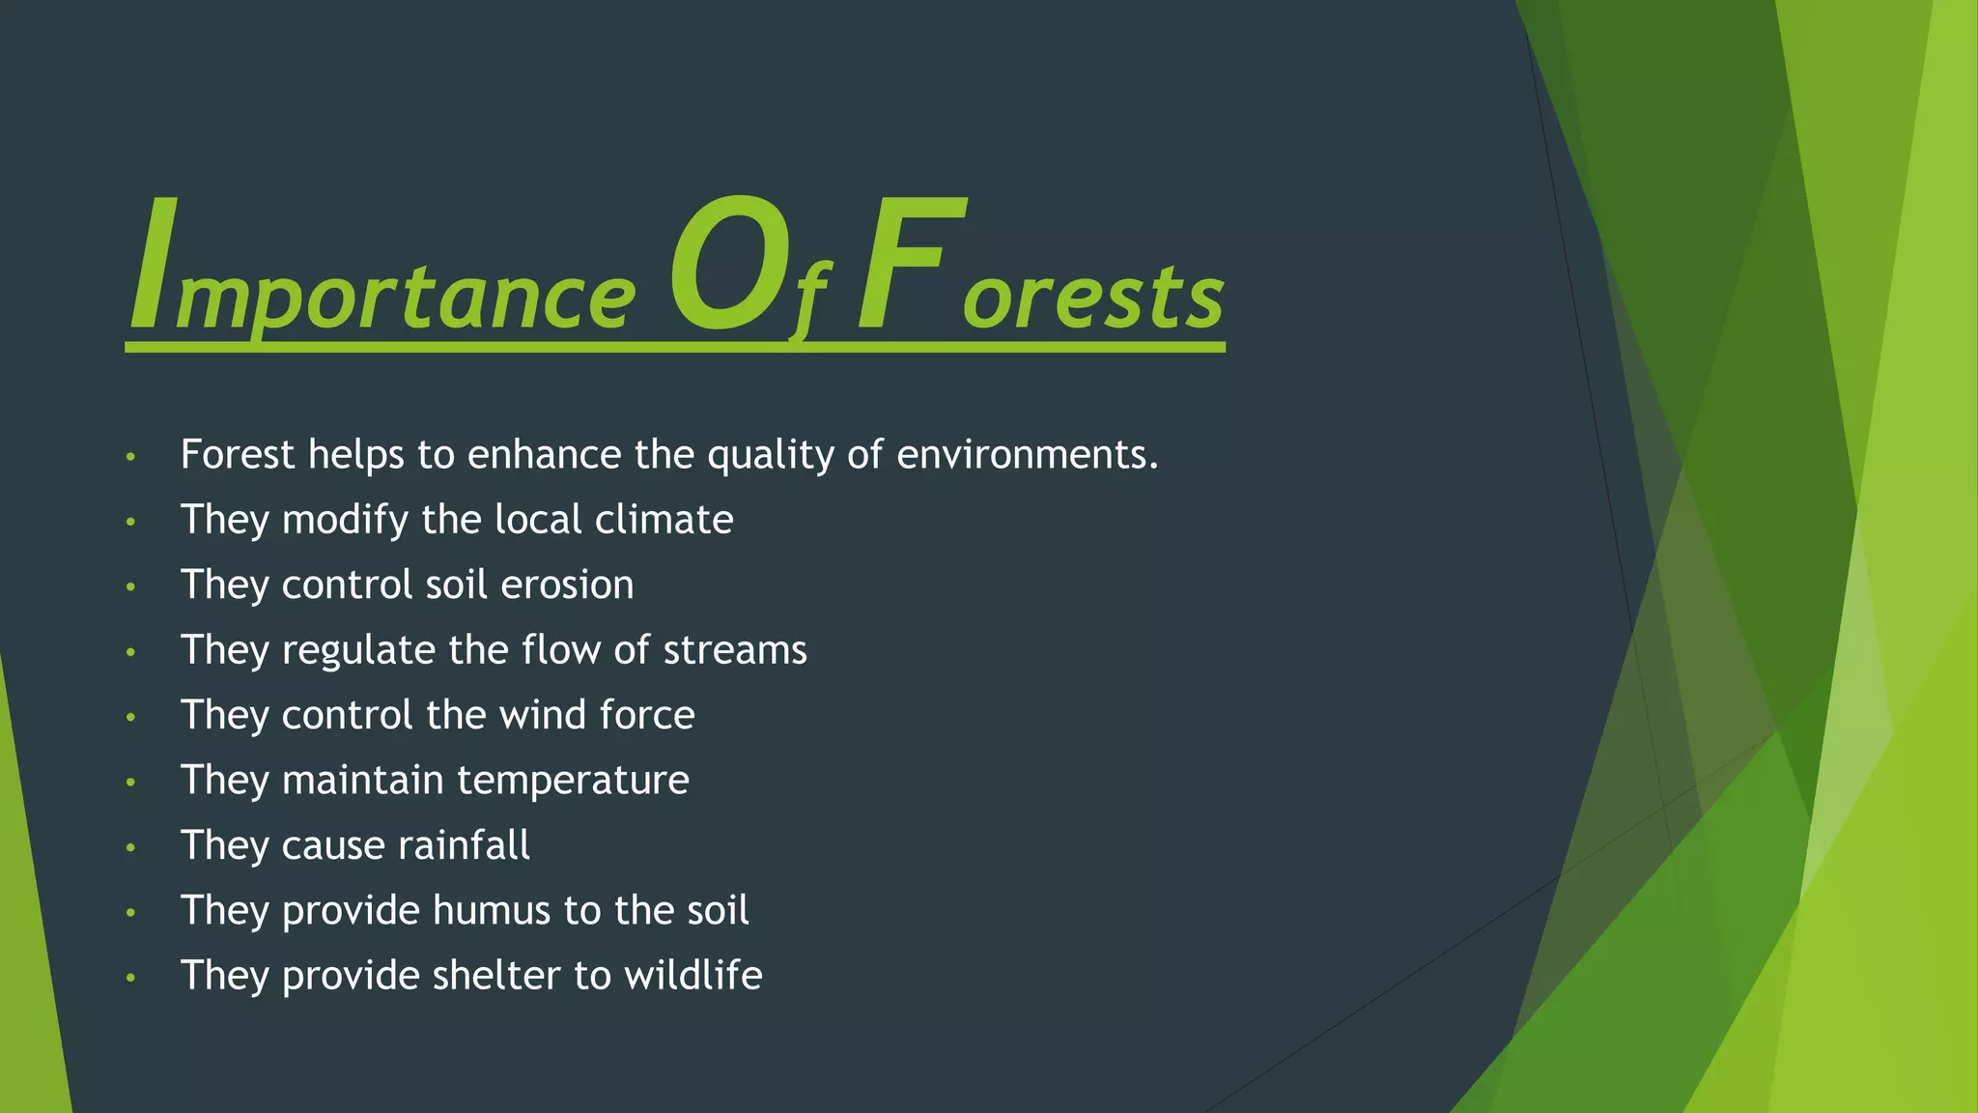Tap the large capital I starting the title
pyautogui.click(x=155, y=263)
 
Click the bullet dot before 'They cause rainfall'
pyautogui.click(x=131, y=848)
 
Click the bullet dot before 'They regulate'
pyautogui.click(x=131, y=653)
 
